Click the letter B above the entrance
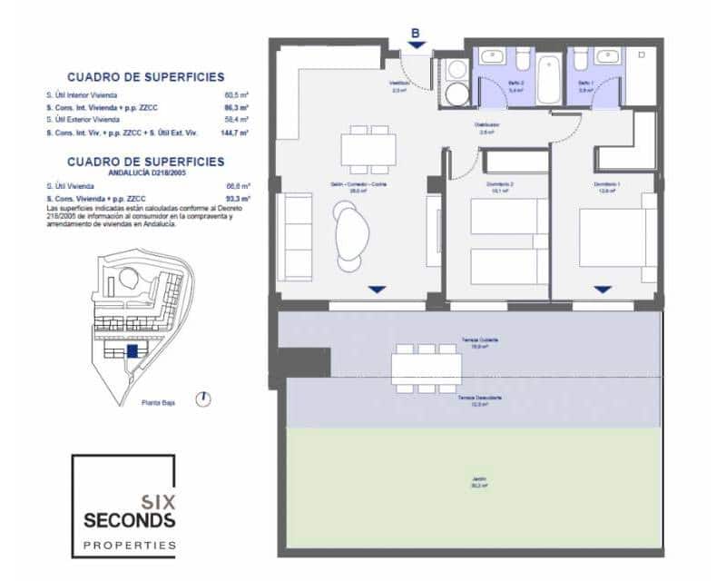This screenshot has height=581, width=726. point(416,34)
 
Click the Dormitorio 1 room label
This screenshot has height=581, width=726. point(607,184)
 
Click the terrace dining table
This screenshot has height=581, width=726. point(427,368)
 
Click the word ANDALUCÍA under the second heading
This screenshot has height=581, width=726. point(109,173)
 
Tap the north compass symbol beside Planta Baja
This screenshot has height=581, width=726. point(206,399)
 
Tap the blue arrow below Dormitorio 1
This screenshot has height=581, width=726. point(603,289)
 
